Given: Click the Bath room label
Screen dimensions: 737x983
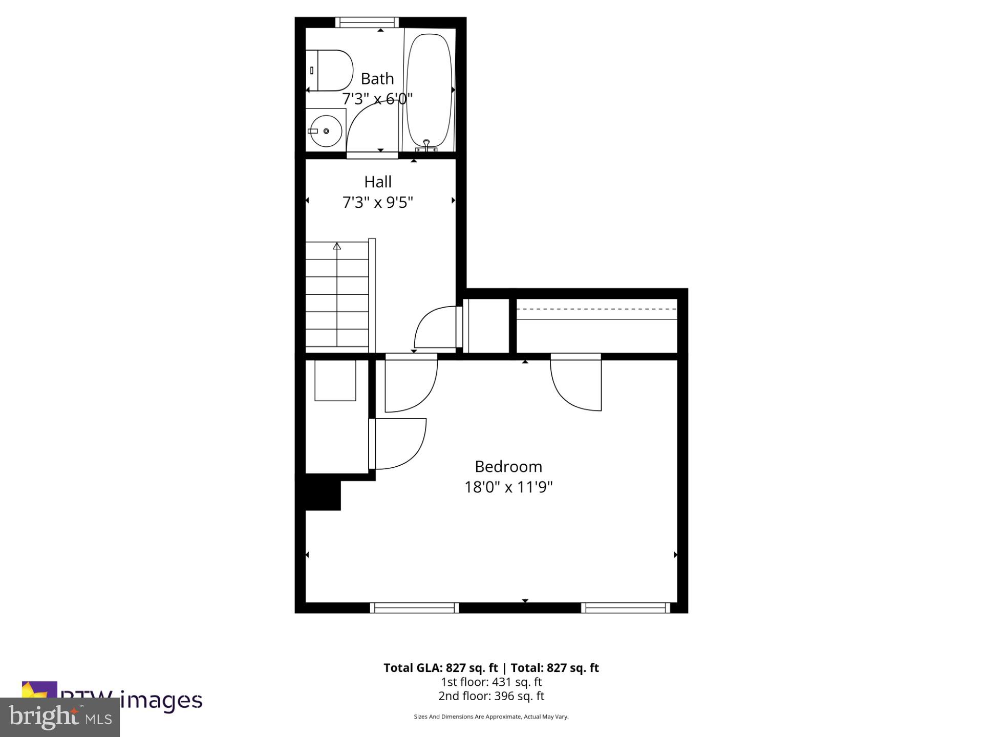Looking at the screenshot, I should point(377,79).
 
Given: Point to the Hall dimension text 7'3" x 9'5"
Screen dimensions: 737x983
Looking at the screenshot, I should point(377,203).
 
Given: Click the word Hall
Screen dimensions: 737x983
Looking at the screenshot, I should point(378,182).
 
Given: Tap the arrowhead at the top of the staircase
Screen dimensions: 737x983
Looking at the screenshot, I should point(337,246).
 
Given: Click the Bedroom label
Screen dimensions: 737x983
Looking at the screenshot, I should point(508,467).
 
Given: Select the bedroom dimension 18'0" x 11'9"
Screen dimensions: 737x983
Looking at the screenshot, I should point(508,487).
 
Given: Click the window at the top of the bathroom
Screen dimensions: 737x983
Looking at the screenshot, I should point(367,22).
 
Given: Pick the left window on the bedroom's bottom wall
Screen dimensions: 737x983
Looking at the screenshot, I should point(414,608).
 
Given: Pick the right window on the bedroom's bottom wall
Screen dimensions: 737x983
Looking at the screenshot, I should point(625,608).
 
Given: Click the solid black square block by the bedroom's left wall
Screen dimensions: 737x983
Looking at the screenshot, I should point(323,495).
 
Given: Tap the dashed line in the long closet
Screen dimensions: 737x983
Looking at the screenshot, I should point(596,309).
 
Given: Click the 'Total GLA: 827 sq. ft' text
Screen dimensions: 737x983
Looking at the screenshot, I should point(441,668).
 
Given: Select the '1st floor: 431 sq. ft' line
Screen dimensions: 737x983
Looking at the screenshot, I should point(491,682).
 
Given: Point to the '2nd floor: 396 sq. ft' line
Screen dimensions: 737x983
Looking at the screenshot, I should point(491,696).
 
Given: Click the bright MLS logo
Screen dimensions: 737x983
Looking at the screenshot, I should point(60,717).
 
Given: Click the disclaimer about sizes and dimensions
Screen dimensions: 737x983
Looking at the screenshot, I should point(491,717).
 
